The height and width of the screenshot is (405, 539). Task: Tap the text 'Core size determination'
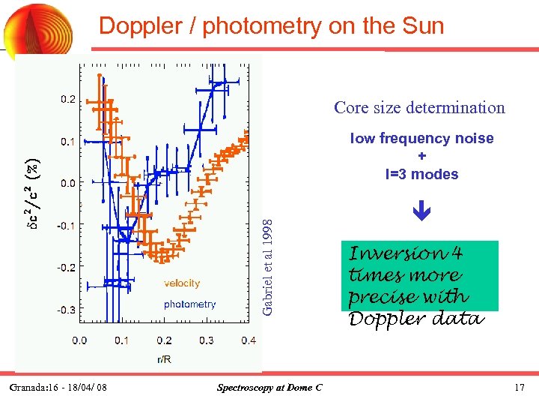coord(419,107)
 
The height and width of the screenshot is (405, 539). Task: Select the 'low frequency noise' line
coord(421,138)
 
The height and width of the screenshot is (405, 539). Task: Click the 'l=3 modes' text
coord(421,174)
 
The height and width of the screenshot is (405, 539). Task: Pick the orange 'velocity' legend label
coord(182,283)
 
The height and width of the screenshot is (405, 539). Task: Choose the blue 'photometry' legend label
coord(189,304)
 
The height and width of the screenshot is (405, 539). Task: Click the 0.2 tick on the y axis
coord(67,99)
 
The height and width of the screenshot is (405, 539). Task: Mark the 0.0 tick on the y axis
coord(67,182)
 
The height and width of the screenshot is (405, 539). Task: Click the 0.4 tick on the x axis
coord(249,341)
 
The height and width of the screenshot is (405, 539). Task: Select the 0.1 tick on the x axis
coord(121,341)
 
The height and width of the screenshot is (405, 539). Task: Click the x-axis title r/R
coord(164,359)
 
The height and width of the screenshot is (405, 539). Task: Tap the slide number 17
coord(519,388)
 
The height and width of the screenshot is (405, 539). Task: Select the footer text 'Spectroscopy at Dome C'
coord(269,388)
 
